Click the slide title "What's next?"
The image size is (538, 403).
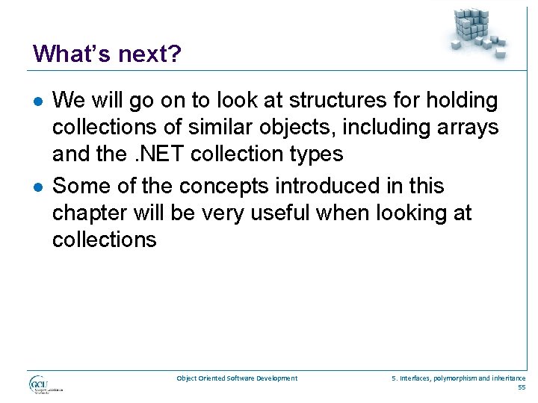(x=107, y=54)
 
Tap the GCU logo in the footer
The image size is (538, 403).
(x=44, y=385)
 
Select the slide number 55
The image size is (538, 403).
(x=521, y=388)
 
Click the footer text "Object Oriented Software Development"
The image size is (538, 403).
(x=237, y=378)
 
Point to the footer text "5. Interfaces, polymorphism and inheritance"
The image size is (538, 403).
(x=458, y=378)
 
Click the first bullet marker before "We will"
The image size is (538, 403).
(x=38, y=100)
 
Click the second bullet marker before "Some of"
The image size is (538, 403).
(x=38, y=187)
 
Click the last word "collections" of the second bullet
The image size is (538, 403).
(x=105, y=240)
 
